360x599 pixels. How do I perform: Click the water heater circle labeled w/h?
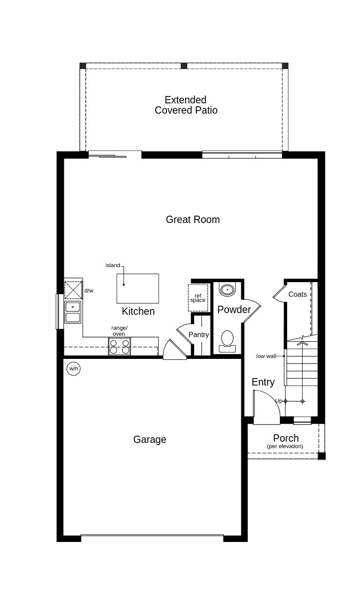tap(74, 368)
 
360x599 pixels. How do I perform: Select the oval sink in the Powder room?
tap(227, 289)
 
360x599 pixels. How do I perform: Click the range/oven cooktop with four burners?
tap(120, 346)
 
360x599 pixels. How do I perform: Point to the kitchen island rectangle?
tap(138, 289)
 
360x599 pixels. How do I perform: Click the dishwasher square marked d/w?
tap(73, 290)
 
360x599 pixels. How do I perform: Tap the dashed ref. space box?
tap(198, 298)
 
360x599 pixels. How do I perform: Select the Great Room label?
tap(193, 220)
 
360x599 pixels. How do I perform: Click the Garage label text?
tap(150, 439)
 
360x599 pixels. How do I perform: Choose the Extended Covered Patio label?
tap(186, 105)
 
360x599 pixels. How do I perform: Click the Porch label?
tap(286, 438)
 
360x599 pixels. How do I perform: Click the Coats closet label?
tap(297, 295)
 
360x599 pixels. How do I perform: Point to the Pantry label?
tap(199, 335)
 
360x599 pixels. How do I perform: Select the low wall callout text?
tap(266, 356)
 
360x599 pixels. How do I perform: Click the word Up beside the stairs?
tap(279, 401)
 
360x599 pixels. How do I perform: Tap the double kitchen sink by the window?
tap(73, 312)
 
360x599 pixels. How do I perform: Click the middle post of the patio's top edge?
tap(184, 66)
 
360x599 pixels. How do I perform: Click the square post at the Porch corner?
tap(322, 456)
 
